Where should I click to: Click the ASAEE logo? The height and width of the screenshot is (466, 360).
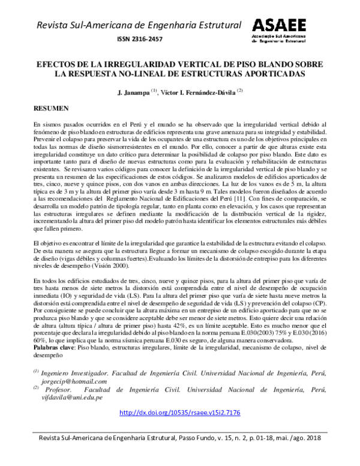279,31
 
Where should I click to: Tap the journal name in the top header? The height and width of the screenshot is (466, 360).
139,24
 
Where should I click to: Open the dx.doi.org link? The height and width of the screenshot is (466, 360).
180,413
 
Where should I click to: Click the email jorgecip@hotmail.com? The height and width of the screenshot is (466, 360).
74,381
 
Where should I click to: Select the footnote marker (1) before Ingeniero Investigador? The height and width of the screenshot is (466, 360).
37,372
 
